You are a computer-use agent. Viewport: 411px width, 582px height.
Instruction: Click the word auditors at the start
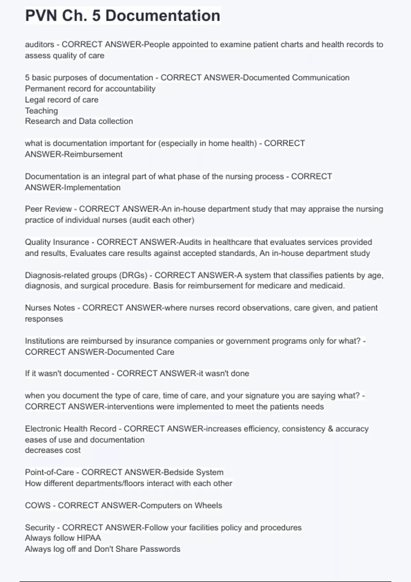[39, 45]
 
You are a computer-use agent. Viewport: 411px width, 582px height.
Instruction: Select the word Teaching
[41, 111]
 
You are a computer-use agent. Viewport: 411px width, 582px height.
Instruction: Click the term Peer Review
[48, 209]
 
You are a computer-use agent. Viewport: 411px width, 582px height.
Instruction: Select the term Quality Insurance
[57, 242]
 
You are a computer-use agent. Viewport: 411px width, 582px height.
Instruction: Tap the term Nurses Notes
[50, 308]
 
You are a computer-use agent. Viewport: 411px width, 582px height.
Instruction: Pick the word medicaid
[327, 286]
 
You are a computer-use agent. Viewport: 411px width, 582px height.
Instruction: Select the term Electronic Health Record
[71, 429]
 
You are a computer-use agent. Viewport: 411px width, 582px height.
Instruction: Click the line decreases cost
[53, 450]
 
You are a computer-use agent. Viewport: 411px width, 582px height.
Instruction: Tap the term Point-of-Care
[49, 472]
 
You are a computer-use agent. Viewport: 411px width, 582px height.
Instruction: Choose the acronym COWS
[37, 506]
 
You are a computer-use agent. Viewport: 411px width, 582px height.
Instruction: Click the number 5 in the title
[96, 16]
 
